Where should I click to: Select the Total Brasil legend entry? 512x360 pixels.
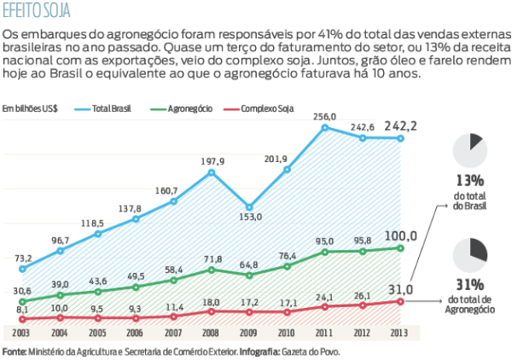pos(109,109)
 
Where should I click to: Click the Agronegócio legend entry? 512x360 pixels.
pos(189,109)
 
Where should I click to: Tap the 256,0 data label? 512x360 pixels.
pos(324,116)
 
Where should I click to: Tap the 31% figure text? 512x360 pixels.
pos(469,285)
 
